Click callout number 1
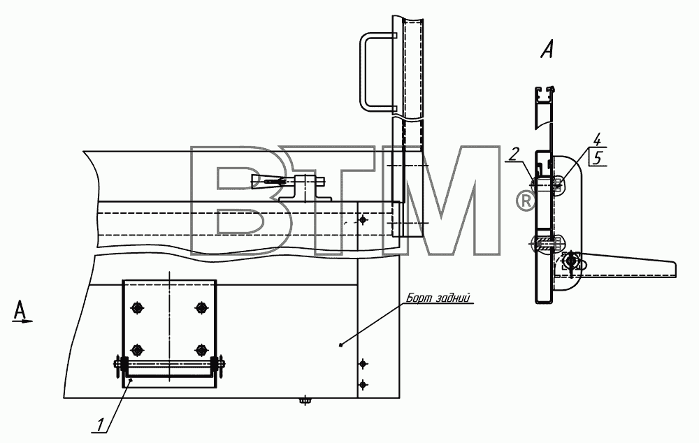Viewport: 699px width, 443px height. click(101, 424)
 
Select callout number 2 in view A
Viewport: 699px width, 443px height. click(514, 154)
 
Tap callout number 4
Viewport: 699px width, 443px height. click(597, 140)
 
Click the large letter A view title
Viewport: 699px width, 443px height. click(547, 49)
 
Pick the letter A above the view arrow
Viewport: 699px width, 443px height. click(19, 310)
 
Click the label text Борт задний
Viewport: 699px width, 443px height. click(438, 298)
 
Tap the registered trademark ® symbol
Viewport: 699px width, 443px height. click(526, 201)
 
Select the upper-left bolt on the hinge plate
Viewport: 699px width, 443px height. click(136, 307)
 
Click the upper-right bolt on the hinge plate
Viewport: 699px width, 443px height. click(201, 307)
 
